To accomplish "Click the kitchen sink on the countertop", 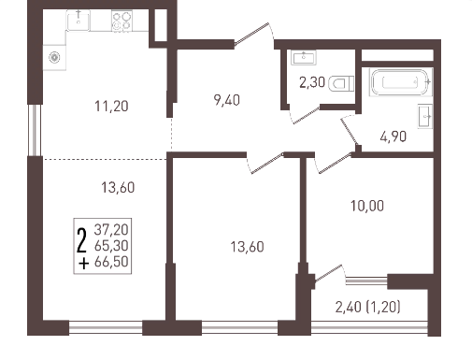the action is tap(79, 21).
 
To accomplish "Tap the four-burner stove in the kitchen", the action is tap(122, 21).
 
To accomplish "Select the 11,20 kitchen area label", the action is tap(111, 107).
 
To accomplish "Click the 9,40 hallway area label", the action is tap(227, 100).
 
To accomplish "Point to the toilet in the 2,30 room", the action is tap(341, 83).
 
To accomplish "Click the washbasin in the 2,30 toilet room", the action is tap(304, 58).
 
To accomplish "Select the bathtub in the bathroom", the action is tap(400, 82).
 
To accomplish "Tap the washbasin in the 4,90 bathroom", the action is tap(425, 116).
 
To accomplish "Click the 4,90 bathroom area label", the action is tap(393, 137).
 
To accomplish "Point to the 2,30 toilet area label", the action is tap(312, 82).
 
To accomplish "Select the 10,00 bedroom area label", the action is tap(367, 206).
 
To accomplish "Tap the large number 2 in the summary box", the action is tap(81, 240).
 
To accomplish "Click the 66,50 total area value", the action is tap(111, 262).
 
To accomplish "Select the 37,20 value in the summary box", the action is tap(111, 230).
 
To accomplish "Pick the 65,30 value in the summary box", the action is tap(111, 246).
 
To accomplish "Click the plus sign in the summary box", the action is tap(84, 264).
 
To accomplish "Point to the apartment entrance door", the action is tap(251, 35).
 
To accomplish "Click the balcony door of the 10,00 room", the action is tap(329, 274).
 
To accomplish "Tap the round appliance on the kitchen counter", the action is tap(54, 57).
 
